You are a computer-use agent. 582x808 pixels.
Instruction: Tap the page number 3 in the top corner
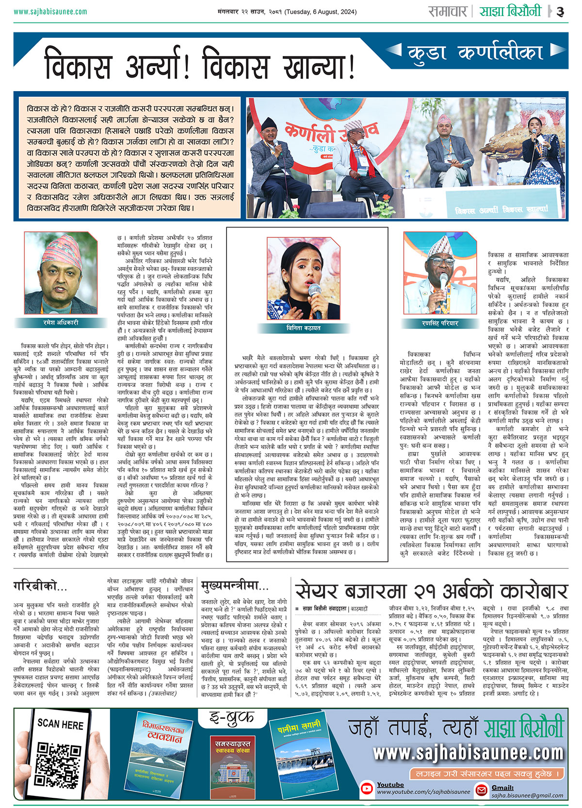point(561,12)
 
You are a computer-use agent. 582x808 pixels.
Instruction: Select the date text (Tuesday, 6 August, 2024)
point(321,12)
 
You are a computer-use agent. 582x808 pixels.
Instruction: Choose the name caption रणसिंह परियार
point(440,323)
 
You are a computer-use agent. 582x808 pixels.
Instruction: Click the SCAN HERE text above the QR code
point(60,724)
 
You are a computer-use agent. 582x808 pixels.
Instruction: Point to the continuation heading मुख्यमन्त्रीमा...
point(235,586)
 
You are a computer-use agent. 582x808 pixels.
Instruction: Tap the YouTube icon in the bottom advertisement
point(367,789)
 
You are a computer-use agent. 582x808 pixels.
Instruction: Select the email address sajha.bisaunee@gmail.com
point(527,795)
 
